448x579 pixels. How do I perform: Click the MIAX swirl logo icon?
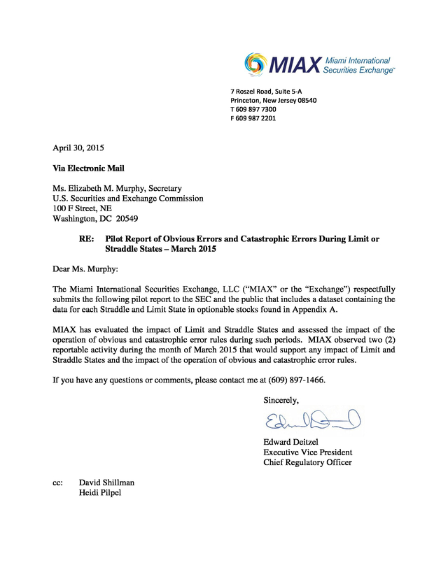tap(256, 64)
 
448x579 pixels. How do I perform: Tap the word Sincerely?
tap(281, 400)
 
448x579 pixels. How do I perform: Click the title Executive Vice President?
tap(307, 452)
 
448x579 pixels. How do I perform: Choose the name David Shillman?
tap(106, 482)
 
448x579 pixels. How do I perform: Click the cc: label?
tap(58, 482)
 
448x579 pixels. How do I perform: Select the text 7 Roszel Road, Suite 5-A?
tap(269, 91)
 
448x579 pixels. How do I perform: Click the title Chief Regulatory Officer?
tap(307, 462)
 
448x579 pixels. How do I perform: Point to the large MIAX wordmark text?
tap(294, 66)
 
